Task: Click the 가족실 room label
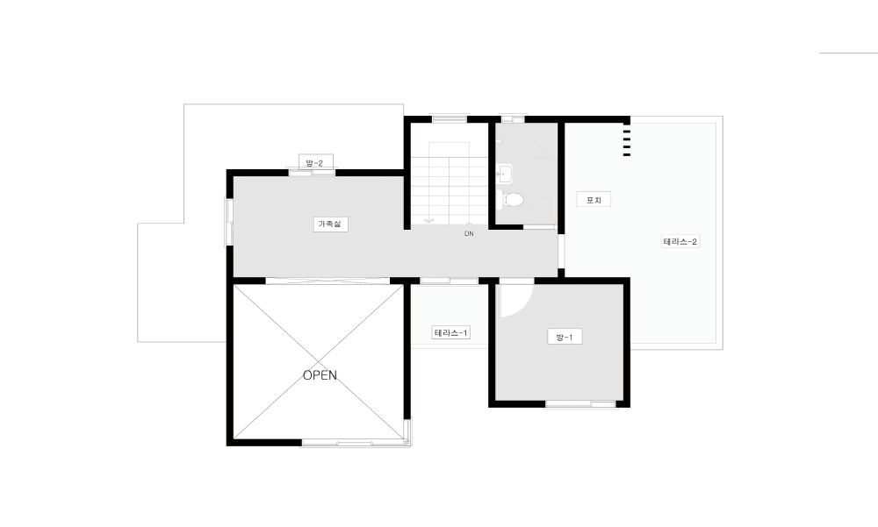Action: (x=330, y=224)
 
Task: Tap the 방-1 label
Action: (x=565, y=337)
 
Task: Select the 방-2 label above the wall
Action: (x=315, y=163)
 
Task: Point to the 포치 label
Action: (x=594, y=200)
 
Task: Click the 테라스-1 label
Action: (x=450, y=333)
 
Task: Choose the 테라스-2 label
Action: (x=680, y=242)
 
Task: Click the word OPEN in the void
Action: (x=320, y=375)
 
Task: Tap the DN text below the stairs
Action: (x=469, y=234)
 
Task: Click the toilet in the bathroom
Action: (x=510, y=199)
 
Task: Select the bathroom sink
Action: (x=504, y=174)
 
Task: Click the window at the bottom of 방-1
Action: (x=580, y=403)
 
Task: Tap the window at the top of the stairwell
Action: (x=449, y=118)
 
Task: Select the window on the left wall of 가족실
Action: (x=229, y=222)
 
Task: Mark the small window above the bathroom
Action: (x=513, y=119)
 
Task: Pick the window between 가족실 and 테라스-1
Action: (x=449, y=281)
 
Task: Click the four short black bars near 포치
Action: (x=627, y=143)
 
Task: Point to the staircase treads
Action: (x=449, y=185)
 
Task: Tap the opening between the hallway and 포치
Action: (x=561, y=251)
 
